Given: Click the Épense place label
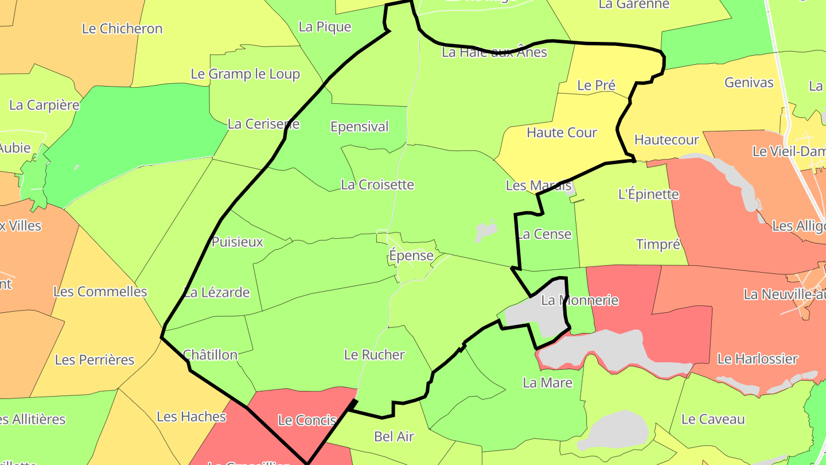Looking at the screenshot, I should [411, 255].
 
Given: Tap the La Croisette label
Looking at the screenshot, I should [377, 185].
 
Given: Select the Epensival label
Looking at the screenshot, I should [359, 127].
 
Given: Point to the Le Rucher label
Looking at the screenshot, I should [374, 355].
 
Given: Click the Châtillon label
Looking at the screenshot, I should [210, 355].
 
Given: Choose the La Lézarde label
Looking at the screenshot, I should [217, 293].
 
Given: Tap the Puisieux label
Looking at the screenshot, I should [237, 242].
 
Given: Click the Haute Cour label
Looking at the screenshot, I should [562, 133].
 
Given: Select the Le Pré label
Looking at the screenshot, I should [596, 86].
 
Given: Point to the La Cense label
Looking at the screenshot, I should [544, 234].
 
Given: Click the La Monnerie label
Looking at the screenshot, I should [579, 300].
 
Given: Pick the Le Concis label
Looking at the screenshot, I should [306, 421].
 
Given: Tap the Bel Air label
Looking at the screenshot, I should [393, 437].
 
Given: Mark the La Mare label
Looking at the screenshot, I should [547, 383].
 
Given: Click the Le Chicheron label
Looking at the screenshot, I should [122, 29].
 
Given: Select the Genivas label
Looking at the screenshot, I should [749, 83].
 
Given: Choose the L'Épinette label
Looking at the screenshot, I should [648, 194].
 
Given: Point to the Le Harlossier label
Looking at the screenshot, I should [757, 359].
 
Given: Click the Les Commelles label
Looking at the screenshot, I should [100, 292].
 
